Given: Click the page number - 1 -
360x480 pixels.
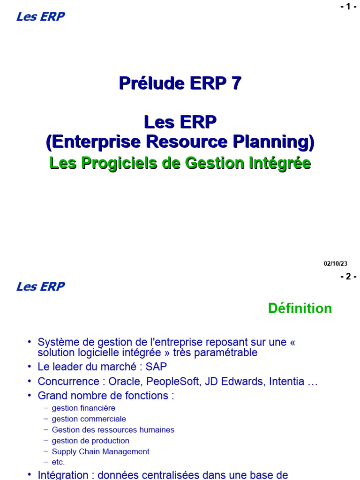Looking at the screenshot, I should coord(348,7).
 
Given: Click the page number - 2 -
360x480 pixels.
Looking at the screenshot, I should coord(348,277).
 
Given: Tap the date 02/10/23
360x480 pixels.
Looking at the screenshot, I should coord(336,264).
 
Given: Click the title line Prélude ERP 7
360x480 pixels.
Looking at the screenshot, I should coord(180,83).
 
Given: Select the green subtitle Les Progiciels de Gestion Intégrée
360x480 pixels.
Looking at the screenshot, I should coord(180,164).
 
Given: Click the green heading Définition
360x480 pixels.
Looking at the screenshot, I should coord(300,308).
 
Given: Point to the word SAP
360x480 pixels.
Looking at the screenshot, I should coord(156,367).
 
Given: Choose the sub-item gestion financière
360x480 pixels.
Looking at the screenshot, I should coord(83,408).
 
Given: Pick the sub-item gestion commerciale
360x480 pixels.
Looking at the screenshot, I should coord(89,419).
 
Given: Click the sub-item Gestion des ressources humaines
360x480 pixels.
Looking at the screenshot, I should coord(113,430).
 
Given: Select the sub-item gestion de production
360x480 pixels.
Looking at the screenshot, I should coord(90,441).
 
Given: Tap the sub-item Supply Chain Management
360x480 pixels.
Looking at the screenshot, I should coord(100,452).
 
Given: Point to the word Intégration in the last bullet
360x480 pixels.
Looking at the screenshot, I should coord(63,474).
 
